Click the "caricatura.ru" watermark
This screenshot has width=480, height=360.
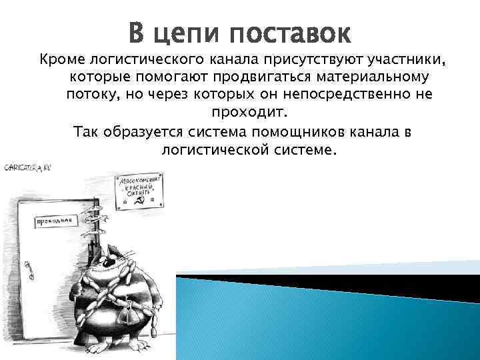point(28,167)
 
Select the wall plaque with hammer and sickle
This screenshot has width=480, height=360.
point(139,191)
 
